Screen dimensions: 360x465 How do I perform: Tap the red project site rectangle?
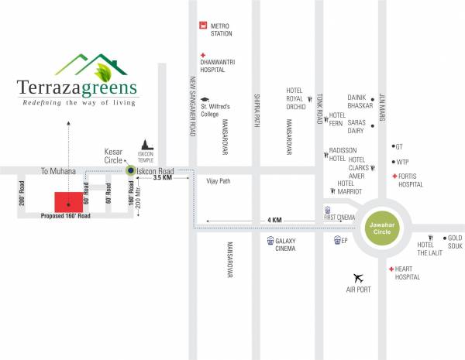click(x=68, y=201)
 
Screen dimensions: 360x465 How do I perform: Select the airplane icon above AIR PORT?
click(x=358, y=278)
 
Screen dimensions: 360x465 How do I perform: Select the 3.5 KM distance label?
click(x=163, y=178)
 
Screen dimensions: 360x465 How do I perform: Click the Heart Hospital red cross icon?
click(x=390, y=269)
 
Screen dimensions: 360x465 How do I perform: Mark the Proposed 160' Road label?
click(x=66, y=217)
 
